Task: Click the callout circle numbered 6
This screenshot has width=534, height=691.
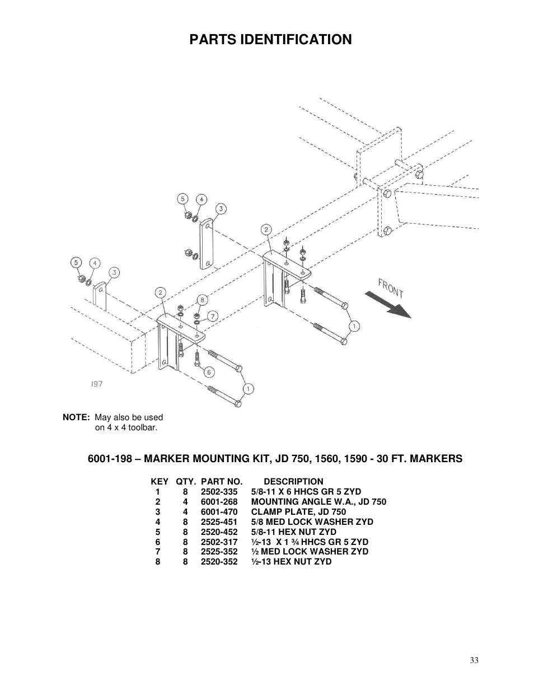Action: coord(209,372)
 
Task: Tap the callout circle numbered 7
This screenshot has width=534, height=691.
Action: coord(213,316)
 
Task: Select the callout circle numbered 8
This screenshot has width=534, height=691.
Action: coord(202,299)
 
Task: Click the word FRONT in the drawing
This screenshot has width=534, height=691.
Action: coord(391,288)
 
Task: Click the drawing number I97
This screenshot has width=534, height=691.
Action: coord(96,384)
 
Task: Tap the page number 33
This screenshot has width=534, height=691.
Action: coord(474,661)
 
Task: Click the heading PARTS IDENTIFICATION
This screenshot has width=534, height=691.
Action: coord(270,40)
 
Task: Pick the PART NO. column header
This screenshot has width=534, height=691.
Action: coord(222,482)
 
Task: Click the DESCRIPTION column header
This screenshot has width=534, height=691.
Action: coord(293,482)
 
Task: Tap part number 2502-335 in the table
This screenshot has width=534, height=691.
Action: coord(219,492)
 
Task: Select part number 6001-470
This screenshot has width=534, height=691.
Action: coord(219,512)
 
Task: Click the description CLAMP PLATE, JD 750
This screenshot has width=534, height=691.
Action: coord(298,512)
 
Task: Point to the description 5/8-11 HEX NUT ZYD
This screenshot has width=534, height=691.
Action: coord(293,532)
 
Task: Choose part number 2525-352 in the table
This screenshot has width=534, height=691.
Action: coord(219,552)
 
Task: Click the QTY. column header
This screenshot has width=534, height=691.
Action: coord(186,482)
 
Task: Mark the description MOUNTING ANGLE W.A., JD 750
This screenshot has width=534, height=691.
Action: coord(318,502)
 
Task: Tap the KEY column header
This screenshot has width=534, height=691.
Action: coord(160,482)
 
